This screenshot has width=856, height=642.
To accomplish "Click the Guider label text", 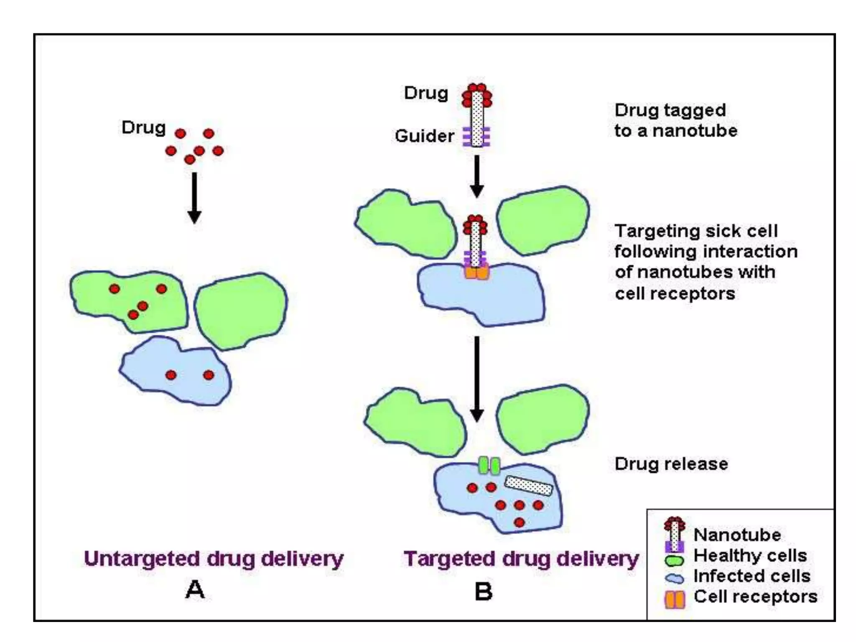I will [424, 136].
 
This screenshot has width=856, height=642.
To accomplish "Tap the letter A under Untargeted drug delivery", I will [195, 590].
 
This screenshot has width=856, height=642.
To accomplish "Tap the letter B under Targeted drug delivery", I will [484, 591].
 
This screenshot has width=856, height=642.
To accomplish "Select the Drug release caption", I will [671, 464].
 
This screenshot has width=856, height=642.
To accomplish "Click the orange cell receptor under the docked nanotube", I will [476, 273].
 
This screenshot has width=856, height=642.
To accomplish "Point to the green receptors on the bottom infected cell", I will [489, 466].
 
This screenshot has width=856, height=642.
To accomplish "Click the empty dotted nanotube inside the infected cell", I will [528, 486].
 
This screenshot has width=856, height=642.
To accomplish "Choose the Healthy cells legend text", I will [750, 555].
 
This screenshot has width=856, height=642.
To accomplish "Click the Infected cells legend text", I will [752, 576].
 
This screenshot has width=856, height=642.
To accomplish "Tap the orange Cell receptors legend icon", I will [675, 599].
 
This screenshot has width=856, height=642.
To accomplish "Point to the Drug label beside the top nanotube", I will [425, 93].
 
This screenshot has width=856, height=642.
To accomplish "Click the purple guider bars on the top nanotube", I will [476, 137].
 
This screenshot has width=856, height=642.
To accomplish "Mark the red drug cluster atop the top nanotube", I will [476, 94].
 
